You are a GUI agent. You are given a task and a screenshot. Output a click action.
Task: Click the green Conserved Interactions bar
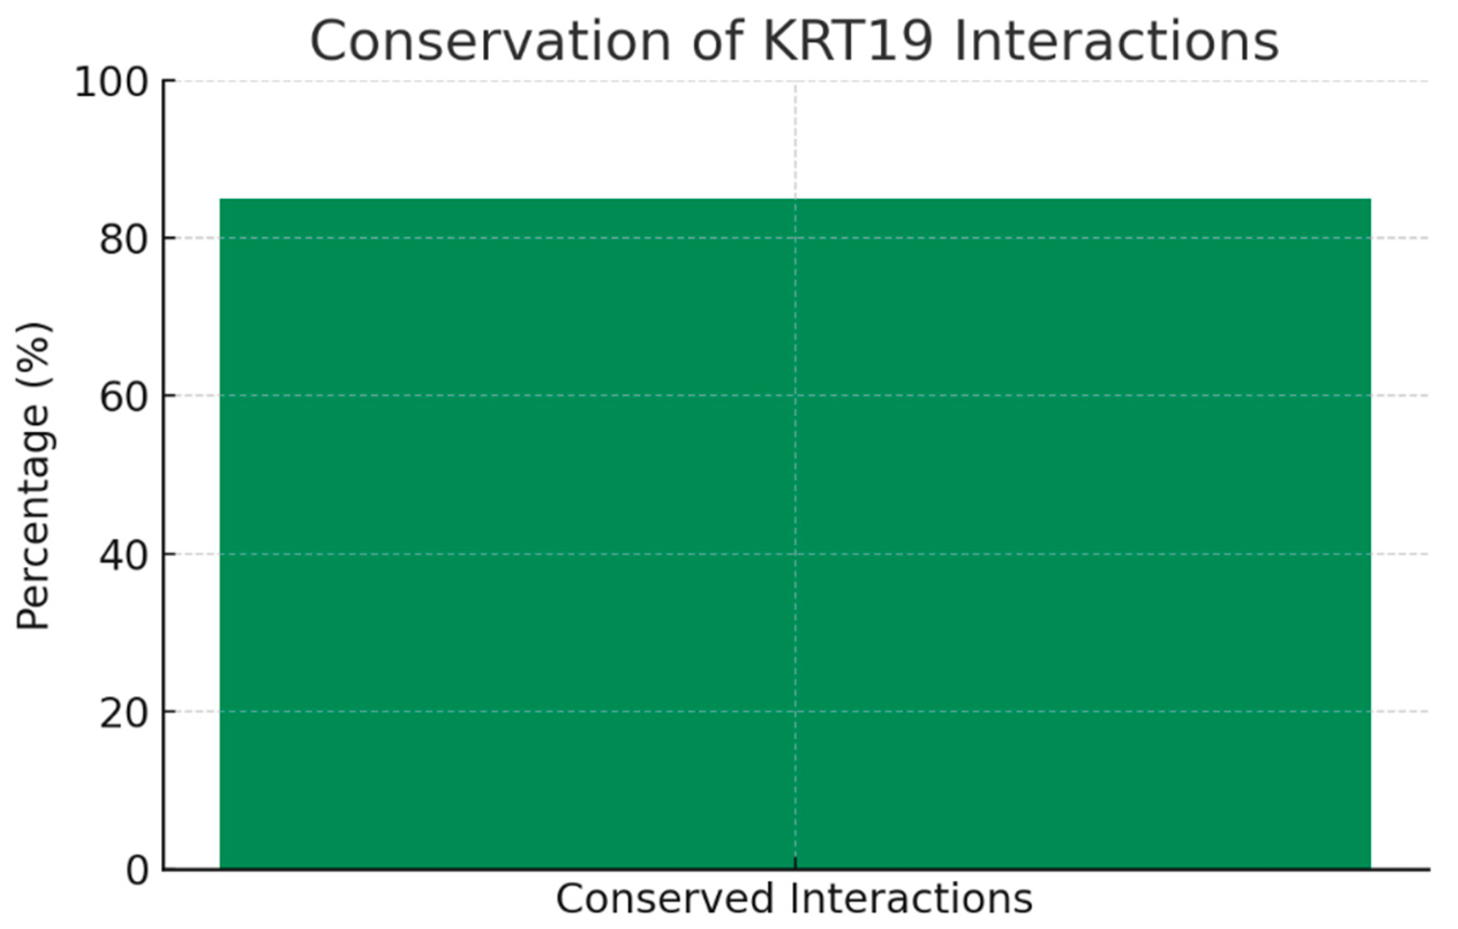[795, 534]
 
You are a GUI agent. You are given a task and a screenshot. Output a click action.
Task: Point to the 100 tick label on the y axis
[112, 82]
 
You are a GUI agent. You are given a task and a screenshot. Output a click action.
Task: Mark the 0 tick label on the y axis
[137, 871]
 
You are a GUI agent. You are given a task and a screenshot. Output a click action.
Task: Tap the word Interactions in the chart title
[1116, 41]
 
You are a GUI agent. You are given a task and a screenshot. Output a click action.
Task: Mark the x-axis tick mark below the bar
[795, 864]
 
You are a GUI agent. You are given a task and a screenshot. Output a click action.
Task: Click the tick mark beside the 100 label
[169, 81]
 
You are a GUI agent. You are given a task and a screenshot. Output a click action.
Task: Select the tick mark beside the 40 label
[169, 554]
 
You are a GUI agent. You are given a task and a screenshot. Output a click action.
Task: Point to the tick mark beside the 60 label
[169, 396]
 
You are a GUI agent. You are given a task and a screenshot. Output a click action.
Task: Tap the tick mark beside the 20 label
[169, 712]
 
